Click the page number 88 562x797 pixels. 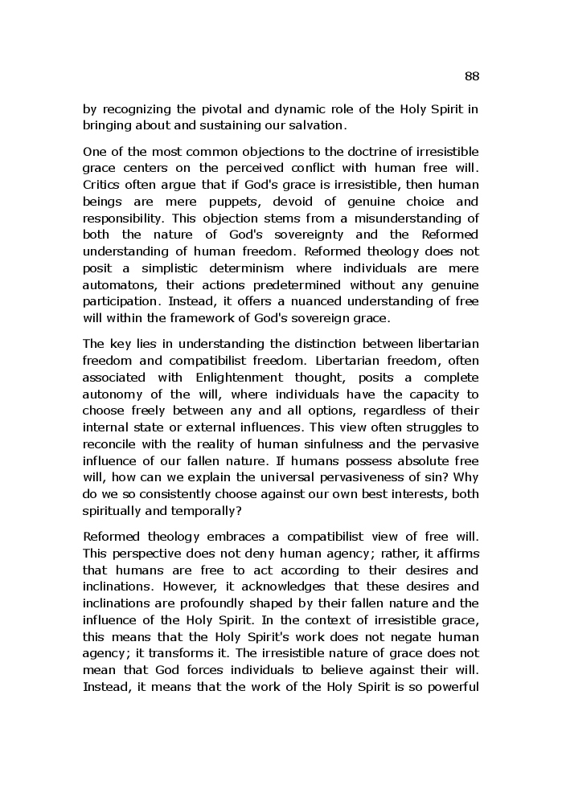472,76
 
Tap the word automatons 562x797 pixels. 118,284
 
